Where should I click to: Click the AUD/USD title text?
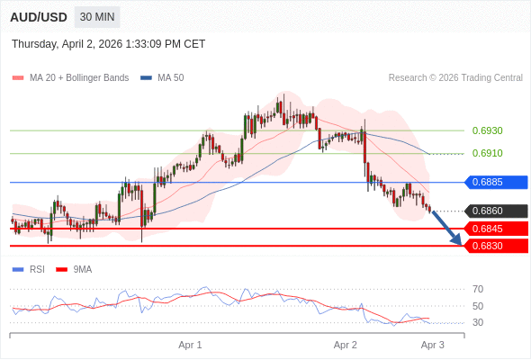click(39, 17)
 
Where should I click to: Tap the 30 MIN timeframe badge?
click(96, 17)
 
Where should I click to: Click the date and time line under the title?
click(108, 43)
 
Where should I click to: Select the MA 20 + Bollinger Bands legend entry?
click(78, 77)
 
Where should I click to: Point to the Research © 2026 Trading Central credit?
click(455, 77)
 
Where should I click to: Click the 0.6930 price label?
click(487, 130)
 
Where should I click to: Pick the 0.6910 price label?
click(487, 153)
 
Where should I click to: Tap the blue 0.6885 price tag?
click(494, 182)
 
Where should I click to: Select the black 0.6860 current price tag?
click(494, 211)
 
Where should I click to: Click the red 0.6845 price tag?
click(494, 229)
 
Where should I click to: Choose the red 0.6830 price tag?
click(494, 246)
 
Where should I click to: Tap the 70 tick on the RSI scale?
click(478, 289)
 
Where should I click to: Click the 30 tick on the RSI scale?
click(478, 322)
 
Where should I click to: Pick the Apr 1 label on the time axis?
click(190, 345)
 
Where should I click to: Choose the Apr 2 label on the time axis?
click(346, 345)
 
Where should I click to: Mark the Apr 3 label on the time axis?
click(433, 345)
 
